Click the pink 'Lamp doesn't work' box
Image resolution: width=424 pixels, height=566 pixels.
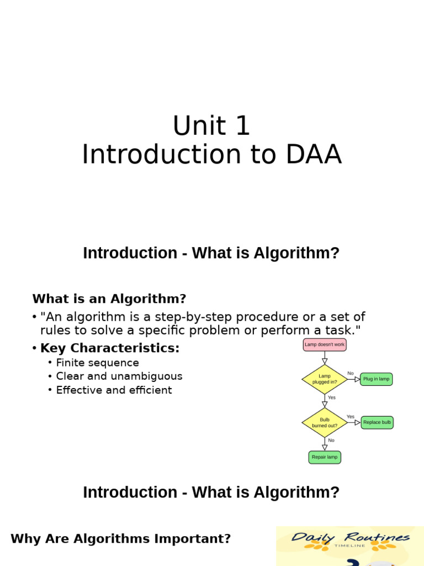tap(325, 345)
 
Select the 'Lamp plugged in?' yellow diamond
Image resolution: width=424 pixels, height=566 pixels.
tap(325, 379)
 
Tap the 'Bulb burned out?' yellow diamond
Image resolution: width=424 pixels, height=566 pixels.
tap(325, 423)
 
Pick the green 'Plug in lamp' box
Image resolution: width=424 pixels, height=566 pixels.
tap(376, 379)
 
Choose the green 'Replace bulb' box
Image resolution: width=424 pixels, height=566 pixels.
tap(377, 423)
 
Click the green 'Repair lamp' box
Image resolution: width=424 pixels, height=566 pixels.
tap(325, 457)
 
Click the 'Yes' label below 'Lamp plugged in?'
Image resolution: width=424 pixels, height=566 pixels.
tap(331, 397)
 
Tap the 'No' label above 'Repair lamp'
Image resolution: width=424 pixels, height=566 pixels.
tap(331, 441)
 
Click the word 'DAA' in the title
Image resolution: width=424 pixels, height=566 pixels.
tap(314, 155)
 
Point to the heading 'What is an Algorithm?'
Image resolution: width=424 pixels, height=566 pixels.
tap(109, 299)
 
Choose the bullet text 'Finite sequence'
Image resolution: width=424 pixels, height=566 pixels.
tap(98, 363)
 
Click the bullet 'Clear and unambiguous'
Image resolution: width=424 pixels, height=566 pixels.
tap(119, 376)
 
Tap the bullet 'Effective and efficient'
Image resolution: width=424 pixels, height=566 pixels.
tap(114, 390)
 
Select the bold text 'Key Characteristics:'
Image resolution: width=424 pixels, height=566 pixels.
tap(110, 348)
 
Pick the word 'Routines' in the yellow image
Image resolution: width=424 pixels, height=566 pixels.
tap(377, 537)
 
